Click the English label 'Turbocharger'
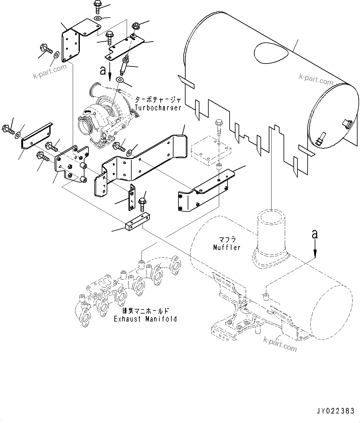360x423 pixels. click(x=158, y=108)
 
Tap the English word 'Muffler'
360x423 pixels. click(x=227, y=247)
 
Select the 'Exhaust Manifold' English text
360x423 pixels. click(x=145, y=319)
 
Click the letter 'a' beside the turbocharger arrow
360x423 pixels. click(x=103, y=71)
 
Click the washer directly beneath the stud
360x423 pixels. click(x=120, y=80)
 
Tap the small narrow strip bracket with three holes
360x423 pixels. click(x=132, y=197)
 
